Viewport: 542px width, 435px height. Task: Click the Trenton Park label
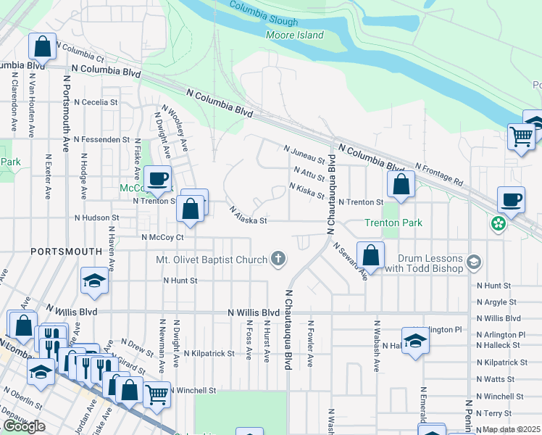393,223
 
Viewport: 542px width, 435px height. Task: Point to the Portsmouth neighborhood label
66,251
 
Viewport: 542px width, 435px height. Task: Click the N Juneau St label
304,154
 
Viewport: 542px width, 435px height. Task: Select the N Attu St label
309,173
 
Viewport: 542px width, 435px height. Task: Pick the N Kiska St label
307,191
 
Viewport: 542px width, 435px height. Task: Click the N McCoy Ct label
163,236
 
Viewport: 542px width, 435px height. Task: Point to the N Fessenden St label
96,139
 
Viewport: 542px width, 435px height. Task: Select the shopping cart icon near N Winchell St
157,394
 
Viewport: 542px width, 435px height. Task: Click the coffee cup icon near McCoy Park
157,178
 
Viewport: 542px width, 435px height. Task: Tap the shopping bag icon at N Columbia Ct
43,46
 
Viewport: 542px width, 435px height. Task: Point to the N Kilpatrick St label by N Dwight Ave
209,354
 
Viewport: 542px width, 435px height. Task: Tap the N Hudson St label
96,217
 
